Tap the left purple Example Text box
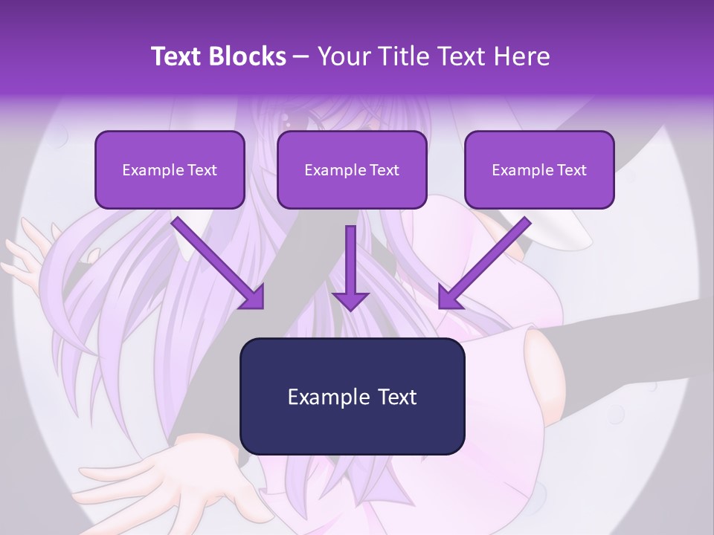coord(170,169)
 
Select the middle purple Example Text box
coord(352,169)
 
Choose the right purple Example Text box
coord(539,169)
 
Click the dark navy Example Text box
coord(352,396)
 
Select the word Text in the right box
coord(573,169)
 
